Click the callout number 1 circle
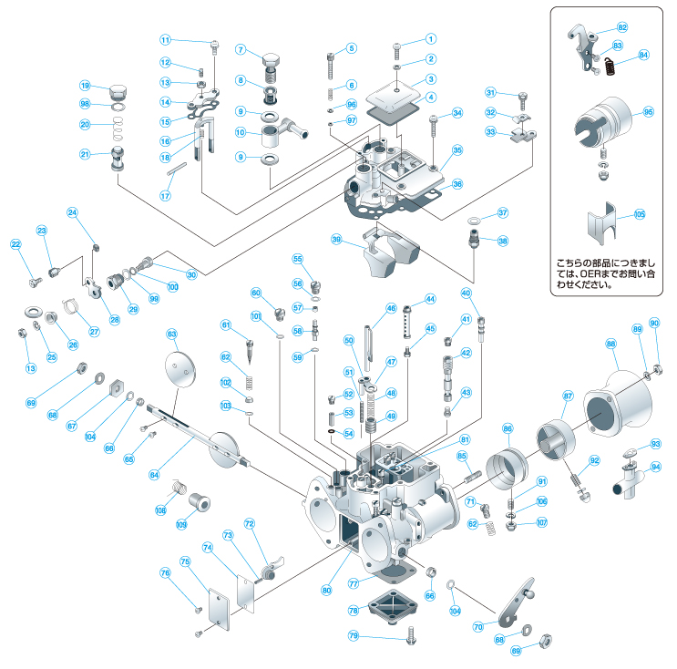[x=431, y=39]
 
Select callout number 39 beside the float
[x=336, y=240]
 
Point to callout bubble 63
[x=172, y=334]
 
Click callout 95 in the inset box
[x=649, y=112]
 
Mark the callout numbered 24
[x=73, y=212]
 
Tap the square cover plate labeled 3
[x=396, y=94]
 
